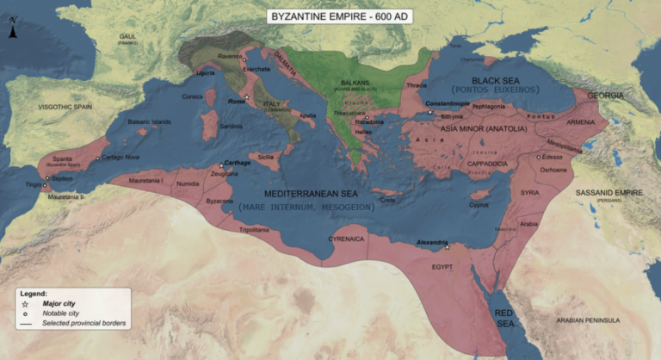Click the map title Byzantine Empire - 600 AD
click(x=330, y=16)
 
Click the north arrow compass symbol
click(x=12, y=34)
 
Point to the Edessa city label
click(x=552, y=158)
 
